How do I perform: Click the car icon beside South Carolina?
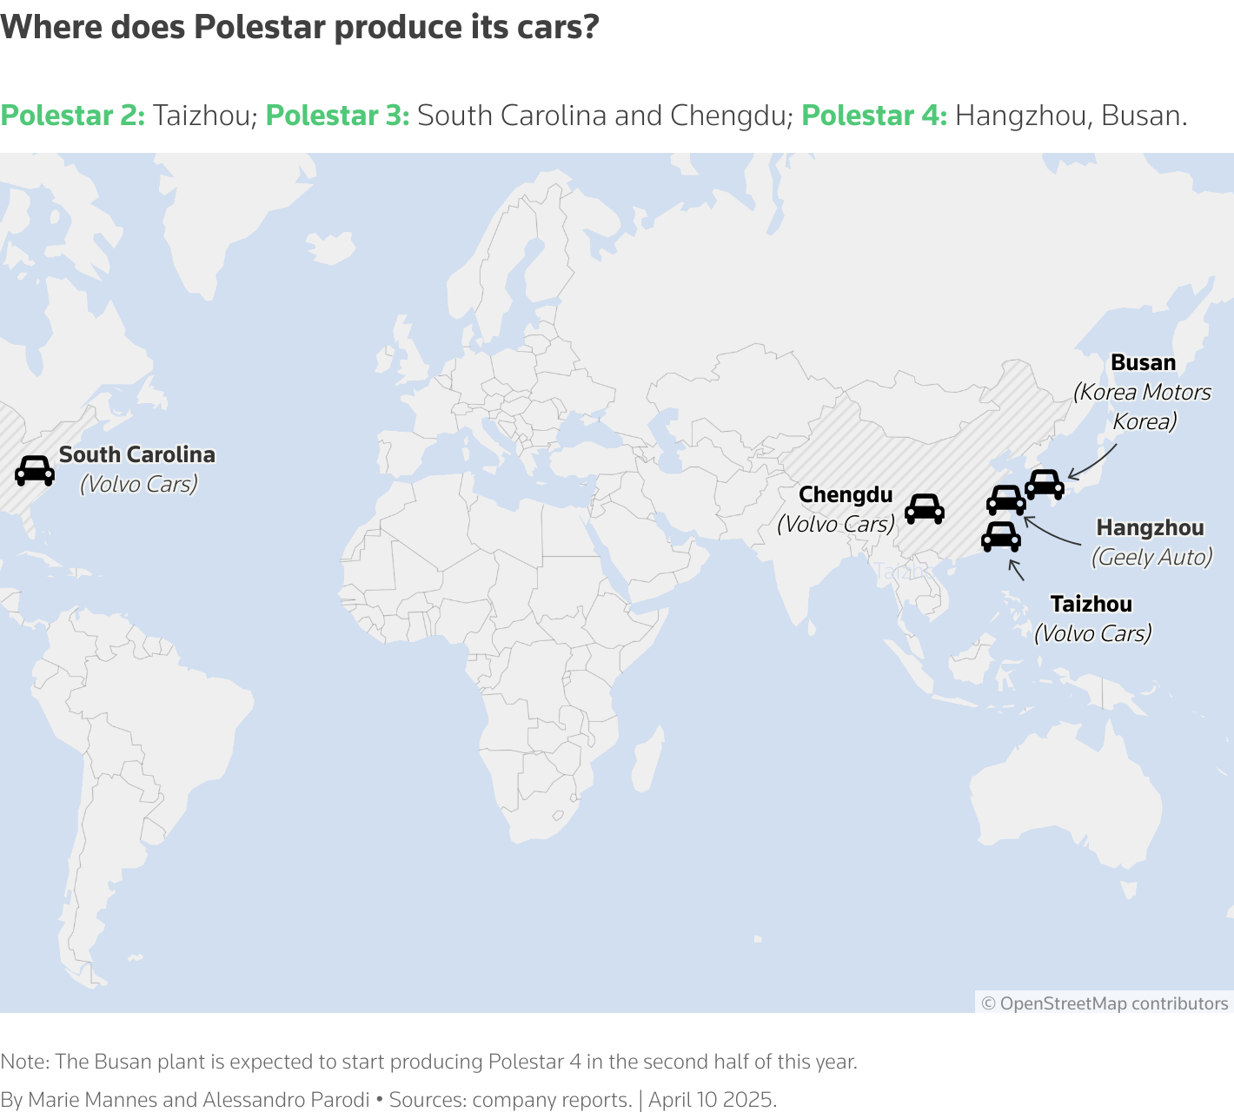click(35, 470)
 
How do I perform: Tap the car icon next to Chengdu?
click(924, 508)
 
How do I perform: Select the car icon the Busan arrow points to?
click(1045, 484)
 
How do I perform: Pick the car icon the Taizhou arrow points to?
click(1000, 536)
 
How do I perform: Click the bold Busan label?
click(1143, 363)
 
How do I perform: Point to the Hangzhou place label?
click(1150, 528)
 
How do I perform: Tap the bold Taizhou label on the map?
click(1091, 604)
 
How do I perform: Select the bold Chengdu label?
click(846, 495)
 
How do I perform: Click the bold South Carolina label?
click(136, 454)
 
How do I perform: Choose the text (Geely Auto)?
click(1151, 557)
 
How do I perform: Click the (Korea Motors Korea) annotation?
click(1143, 407)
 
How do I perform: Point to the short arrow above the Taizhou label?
click(1016, 570)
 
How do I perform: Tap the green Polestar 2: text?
click(73, 116)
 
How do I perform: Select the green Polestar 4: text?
click(874, 116)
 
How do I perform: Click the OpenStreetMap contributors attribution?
click(1105, 1003)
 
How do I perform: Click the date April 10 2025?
click(713, 1100)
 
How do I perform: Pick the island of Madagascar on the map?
click(647, 759)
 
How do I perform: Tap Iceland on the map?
click(331, 247)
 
